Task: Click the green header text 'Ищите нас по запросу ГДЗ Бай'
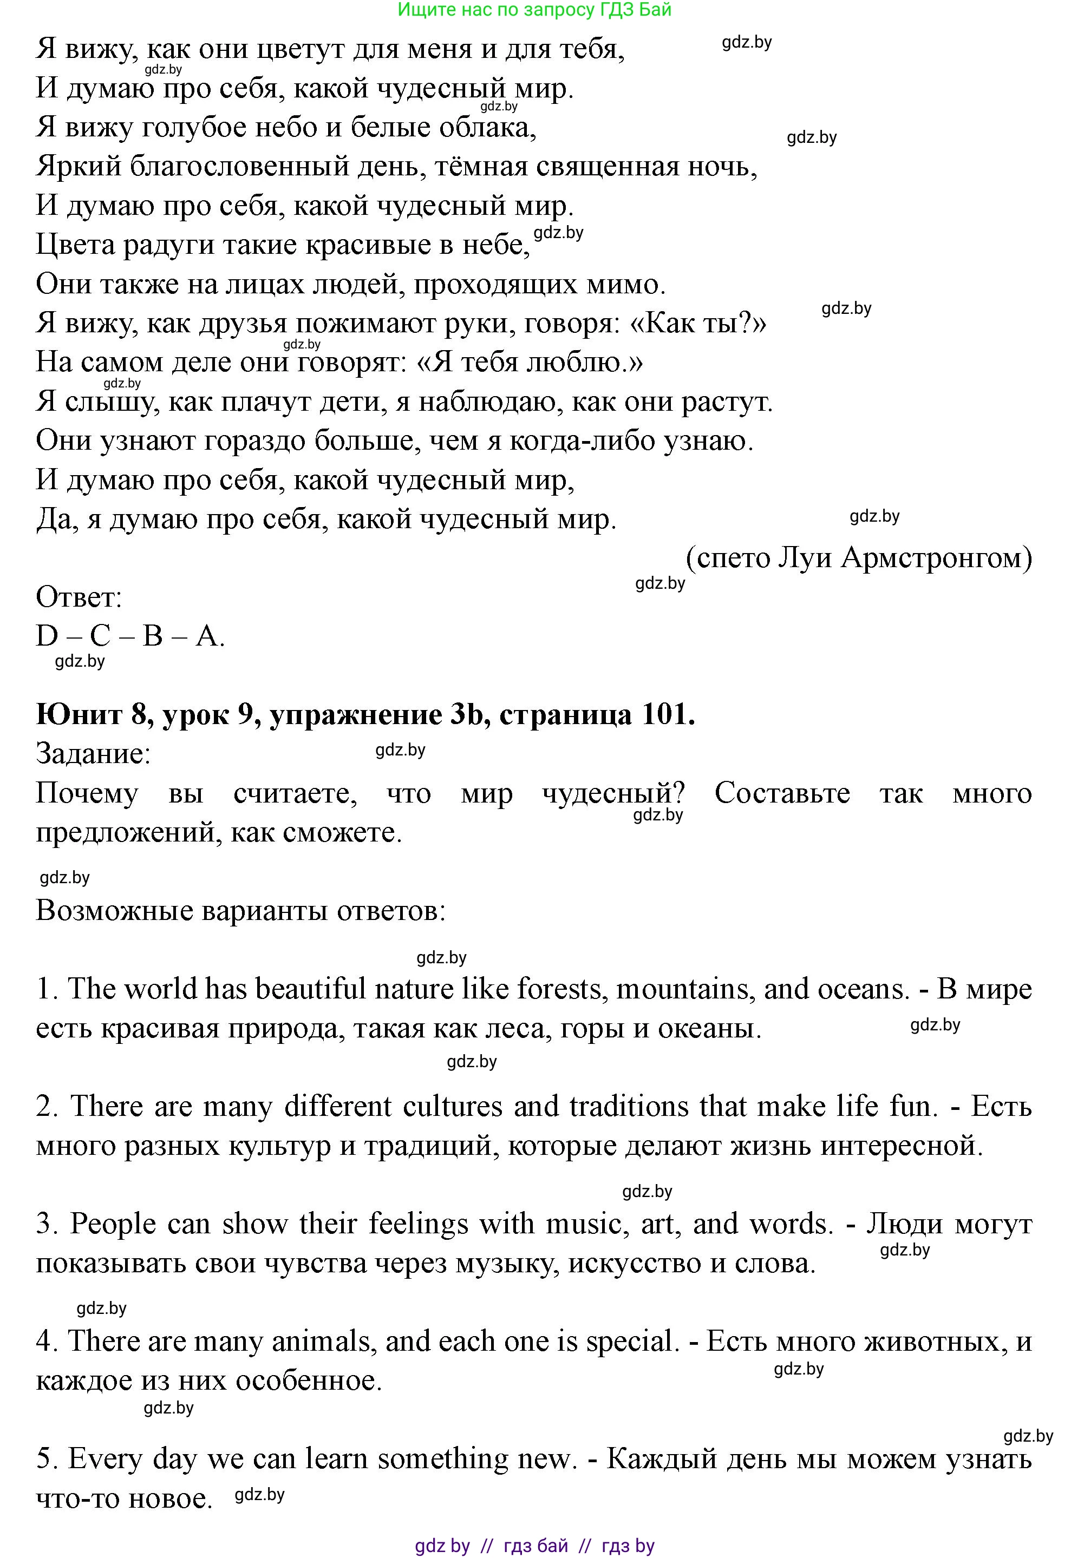(534, 10)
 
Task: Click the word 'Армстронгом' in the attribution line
(936, 558)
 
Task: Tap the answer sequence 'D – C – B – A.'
(129, 636)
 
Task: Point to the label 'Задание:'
(93, 754)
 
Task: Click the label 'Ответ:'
(79, 597)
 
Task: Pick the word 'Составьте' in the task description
(782, 793)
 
